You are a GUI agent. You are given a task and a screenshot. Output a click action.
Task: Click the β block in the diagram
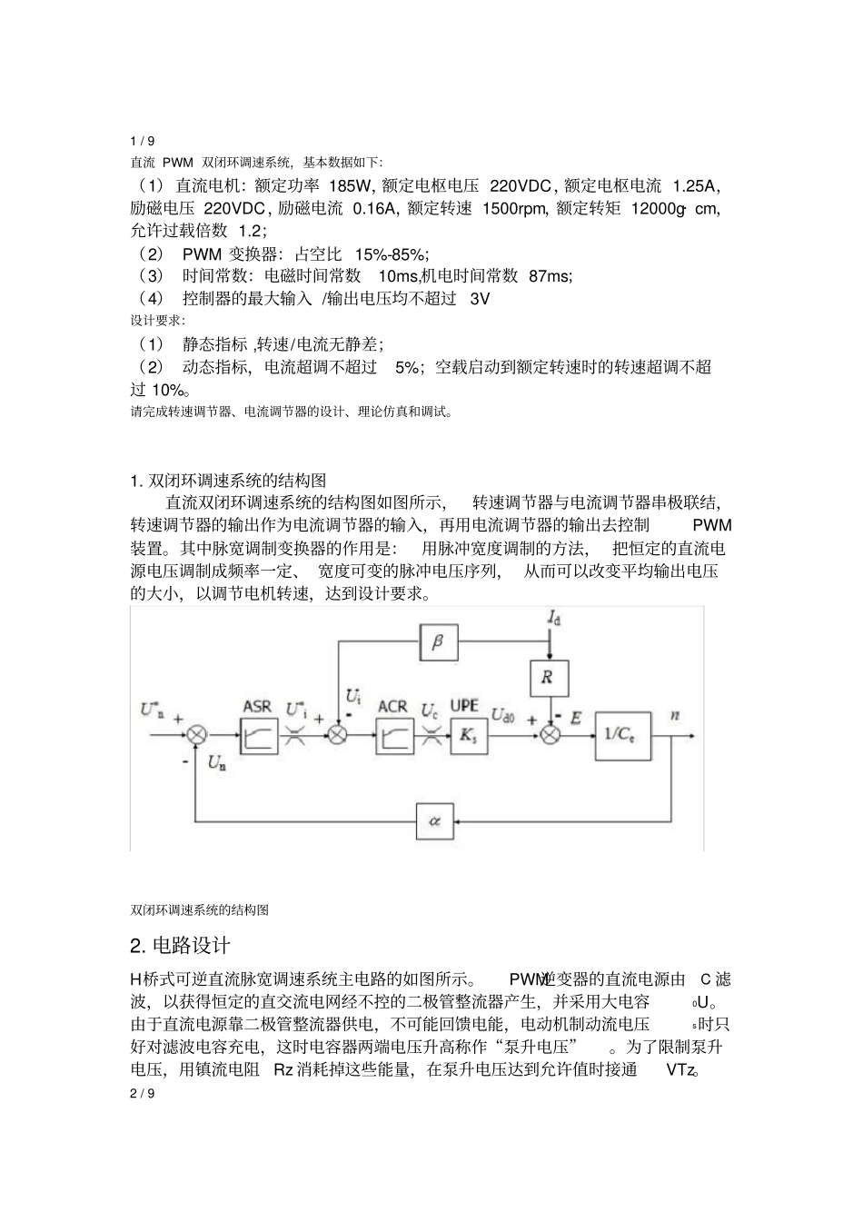tap(438, 642)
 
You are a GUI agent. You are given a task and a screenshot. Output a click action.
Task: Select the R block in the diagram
tap(548, 678)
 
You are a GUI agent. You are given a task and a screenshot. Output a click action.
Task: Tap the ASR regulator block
tap(259, 735)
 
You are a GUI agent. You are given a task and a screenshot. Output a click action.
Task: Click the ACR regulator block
tap(393, 735)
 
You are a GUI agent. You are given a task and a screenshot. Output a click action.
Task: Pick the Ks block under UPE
tap(466, 735)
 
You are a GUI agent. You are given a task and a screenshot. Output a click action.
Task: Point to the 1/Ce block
tap(623, 735)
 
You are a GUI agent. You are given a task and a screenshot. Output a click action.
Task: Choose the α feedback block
tap(434, 820)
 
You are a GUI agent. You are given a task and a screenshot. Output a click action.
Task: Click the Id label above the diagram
tap(553, 618)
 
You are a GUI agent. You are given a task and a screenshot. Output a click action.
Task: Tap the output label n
tap(675, 715)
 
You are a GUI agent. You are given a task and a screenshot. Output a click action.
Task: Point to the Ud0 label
tap(502, 714)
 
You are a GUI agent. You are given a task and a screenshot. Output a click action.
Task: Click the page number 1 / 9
tap(143, 141)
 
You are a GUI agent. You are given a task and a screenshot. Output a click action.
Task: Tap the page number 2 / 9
tap(143, 1093)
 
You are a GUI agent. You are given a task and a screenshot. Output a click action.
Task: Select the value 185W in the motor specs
tap(350, 186)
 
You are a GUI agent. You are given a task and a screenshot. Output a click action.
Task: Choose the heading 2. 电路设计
tap(186, 946)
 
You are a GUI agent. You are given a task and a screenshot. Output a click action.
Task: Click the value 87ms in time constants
tap(550, 275)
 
